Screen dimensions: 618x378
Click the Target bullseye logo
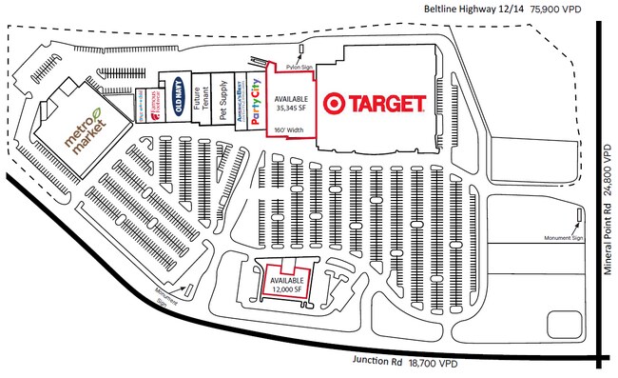[334, 103]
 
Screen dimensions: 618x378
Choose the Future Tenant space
[201, 102]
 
